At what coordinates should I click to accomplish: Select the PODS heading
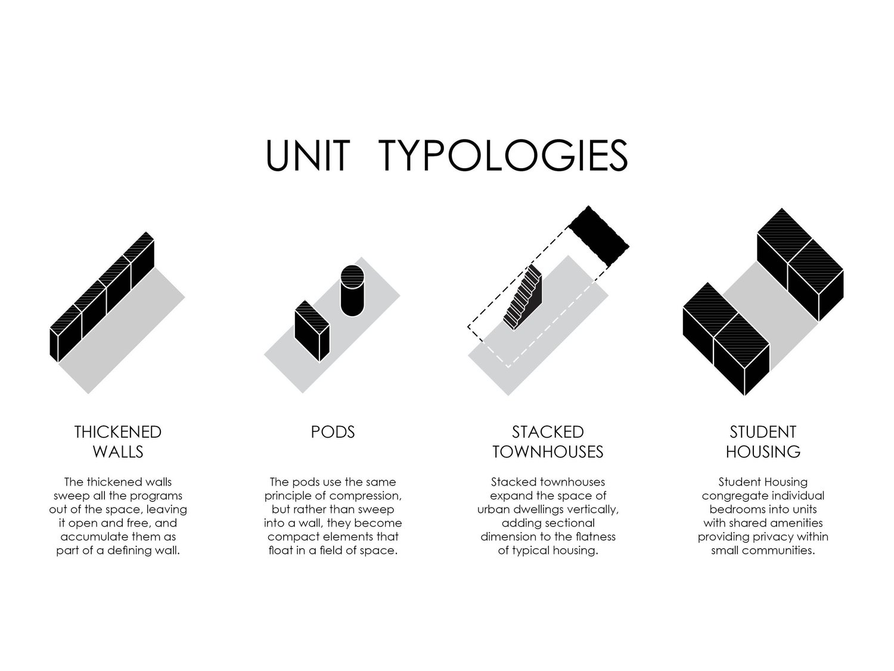click(x=333, y=432)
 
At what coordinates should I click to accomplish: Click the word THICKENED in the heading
click(x=118, y=432)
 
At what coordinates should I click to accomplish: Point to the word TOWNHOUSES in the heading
click(x=548, y=452)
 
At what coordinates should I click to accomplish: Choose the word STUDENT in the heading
click(x=763, y=432)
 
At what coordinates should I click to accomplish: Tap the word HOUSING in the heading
click(x=763, y=452)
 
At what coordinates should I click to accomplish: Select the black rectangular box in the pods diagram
click(x=312, y=332)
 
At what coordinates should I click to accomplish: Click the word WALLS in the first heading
click(x=118, y=452)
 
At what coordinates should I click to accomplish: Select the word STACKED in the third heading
click(x=548, y=432)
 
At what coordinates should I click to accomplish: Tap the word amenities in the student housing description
click(x=796, y=523)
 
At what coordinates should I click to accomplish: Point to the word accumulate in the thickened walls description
click(x=90, y=537)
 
